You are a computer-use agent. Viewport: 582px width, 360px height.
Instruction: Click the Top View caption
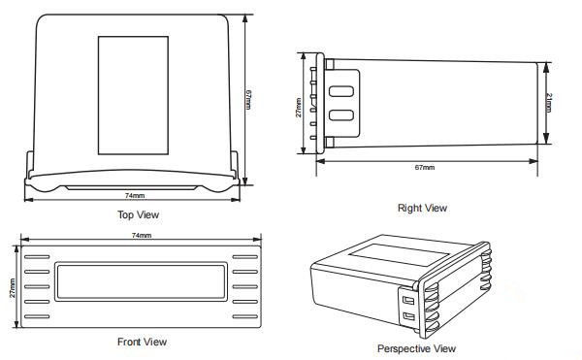pyautogui.click(x=138, y=214)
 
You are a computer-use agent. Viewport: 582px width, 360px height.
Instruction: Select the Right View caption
pyautogui.click(x=422, y=208)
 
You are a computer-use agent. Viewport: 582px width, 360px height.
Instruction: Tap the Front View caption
pyautogui.click(x=142, y=342)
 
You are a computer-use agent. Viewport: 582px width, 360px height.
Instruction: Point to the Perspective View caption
pyautogui.click(x=416, y=349)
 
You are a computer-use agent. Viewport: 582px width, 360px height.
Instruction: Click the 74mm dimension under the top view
pyautogui.click(x=135, y=195)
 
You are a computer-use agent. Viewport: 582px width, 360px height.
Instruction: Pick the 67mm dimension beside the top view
pyautogui.click(x=248, y=99)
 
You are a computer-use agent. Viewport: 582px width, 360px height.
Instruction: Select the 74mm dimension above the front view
pyautogui.click(x=142, y=235)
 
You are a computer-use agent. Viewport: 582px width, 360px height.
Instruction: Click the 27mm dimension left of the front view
pyautogui.click(x=13, y=288)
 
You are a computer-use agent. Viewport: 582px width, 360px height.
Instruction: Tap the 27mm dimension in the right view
pyautogui.click(x=298, y=108)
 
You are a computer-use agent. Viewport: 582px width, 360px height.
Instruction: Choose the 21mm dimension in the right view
pyautogui.click(x=549, y=103)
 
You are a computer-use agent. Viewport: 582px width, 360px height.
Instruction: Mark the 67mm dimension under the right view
pyautogui.click(x=425, y=167)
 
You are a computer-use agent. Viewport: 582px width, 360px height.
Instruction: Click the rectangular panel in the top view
pyautogui.click(x=133, y=95)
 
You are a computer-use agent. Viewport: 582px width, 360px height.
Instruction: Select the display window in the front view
pyautogui.click(x=141, y=281)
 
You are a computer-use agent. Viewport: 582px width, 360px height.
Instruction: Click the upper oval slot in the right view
pyautogui.click(x=341, y=91)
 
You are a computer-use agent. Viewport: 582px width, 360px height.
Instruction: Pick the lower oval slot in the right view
pyautogui.click(x=341, y=115)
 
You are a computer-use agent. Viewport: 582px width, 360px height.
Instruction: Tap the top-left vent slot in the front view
pyautogui.click(x=37, y=257)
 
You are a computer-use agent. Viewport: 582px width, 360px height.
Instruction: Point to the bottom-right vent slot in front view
pyautogui.click(x=245, y=316)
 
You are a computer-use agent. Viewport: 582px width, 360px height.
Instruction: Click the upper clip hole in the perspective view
pyautogui.click(x=408, y=299)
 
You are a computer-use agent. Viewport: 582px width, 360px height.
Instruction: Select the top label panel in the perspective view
pyautogui.click(x=400, y=254)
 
